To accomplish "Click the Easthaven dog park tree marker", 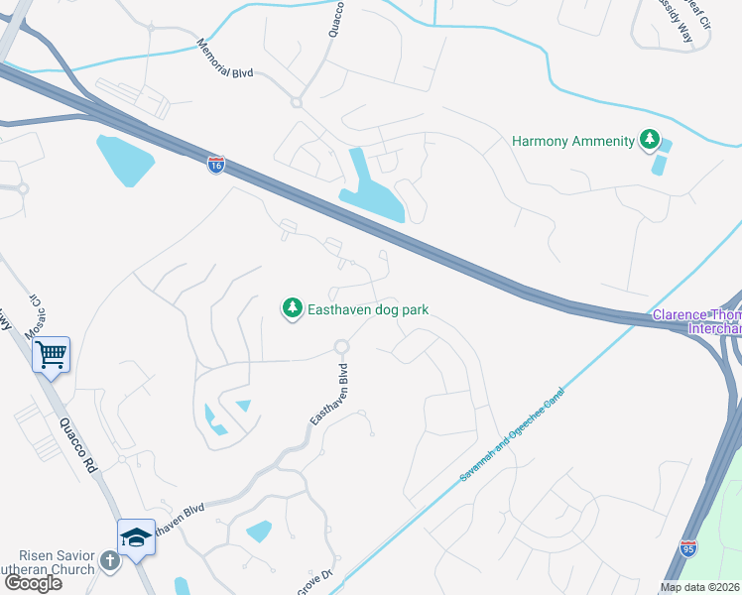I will click(293, 309).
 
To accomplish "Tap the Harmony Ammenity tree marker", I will click(650, 140).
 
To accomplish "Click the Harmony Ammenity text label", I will click(572, 141).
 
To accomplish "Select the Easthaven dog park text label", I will click(367, 309).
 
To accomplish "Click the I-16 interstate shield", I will click(215, 165).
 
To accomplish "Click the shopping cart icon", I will click(51, 354).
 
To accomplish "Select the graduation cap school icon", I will click(136, 536).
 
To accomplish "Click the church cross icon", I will click(110, 560).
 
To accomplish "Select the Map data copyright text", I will click(699, 587).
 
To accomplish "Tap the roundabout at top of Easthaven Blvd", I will click(342, 347).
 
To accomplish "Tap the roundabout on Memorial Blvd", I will click(296, 102).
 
